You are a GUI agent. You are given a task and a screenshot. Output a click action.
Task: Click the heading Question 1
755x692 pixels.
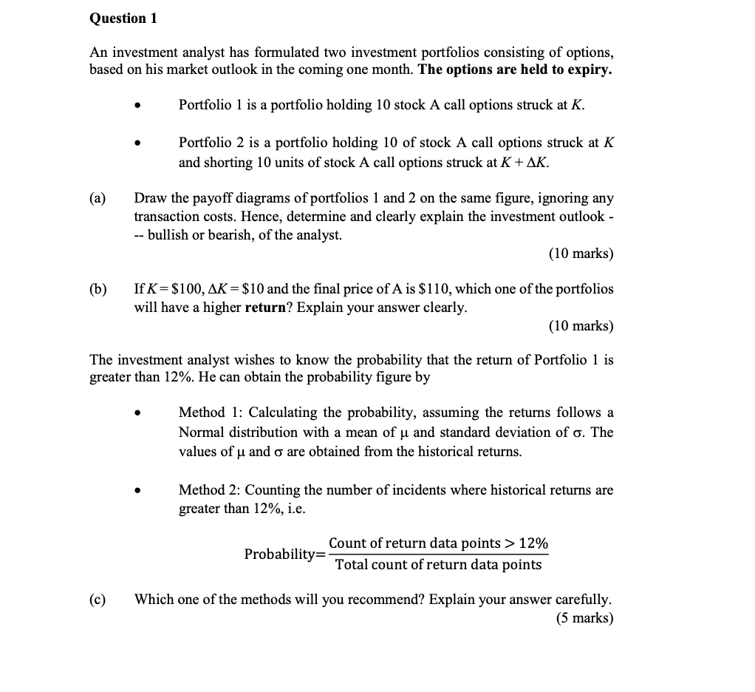(123, 18)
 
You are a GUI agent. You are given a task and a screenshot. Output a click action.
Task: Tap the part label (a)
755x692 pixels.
(98, 198)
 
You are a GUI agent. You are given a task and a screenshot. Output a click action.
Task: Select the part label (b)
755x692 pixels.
(98, 288)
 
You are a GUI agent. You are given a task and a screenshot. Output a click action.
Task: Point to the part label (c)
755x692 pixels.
(98, 599)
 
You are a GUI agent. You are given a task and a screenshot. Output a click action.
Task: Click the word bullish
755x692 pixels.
(171, 235)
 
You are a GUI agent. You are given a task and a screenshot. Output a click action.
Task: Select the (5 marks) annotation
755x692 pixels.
(584, 618)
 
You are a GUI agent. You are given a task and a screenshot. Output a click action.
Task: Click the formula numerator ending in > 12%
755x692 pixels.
(438, 543)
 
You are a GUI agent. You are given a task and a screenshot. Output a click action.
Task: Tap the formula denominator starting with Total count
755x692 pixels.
(438, 565)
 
